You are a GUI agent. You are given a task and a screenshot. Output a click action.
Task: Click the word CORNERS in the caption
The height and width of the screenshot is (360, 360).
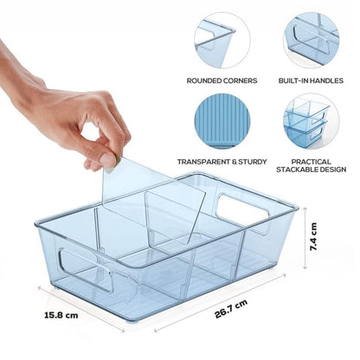[x=242, y=80]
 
